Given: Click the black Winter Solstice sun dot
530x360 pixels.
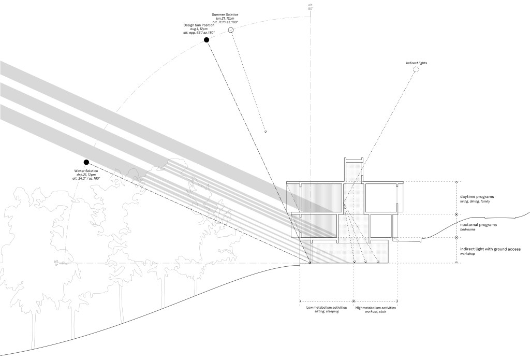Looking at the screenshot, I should [86, 162].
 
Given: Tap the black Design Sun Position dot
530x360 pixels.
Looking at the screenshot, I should [206, 39].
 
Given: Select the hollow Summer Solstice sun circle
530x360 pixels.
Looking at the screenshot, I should [231, 31].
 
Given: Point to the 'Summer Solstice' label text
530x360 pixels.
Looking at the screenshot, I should [226, 13].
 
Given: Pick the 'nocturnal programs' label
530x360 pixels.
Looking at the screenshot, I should [479, 225].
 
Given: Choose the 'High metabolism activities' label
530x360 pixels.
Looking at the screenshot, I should [376, 308].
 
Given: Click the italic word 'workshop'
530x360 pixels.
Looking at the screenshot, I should [468, 254].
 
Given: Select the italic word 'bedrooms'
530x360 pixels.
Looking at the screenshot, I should [468, 230].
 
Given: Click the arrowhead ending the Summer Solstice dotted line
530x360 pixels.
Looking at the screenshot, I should [266, 132].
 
